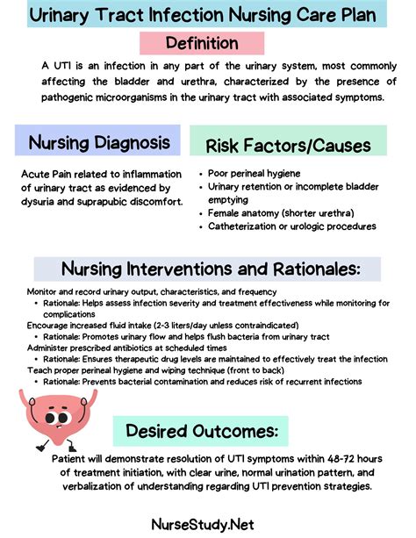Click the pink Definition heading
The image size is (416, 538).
pyautogui.click(x=202, y=42)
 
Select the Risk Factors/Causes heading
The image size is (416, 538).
pyautogui.click(x=288, y=146)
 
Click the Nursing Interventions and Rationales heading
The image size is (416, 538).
pyautogui.click(x=208, y=268)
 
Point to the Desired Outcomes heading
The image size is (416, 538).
pyautogui.click(x=202, y=431)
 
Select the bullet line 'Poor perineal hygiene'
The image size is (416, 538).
pyautogui.click(x=255, y=175)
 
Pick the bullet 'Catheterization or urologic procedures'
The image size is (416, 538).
pyautogui.click(x=291, y=226)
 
